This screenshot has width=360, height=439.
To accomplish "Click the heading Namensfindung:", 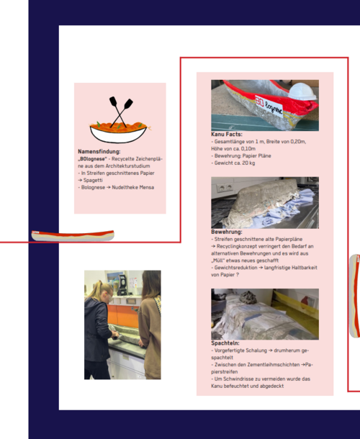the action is [99, 151].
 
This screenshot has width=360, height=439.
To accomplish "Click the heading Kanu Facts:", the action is [227, 135].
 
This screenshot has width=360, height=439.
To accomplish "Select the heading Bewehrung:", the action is [227, 232].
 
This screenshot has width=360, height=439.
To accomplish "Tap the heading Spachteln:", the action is [225, 343].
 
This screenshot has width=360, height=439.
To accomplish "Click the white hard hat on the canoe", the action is [302, 91].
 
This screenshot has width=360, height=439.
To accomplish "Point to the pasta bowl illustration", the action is [119, 132].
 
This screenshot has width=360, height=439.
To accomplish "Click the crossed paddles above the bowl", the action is [120, 112].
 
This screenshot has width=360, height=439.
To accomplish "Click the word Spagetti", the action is [93, 181].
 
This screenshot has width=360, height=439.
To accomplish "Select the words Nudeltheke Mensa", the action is [132, 187].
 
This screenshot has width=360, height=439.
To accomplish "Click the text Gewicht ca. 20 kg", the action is [235, 163].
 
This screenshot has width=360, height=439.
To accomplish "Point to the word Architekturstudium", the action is [127, 166].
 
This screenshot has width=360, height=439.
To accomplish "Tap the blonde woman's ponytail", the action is [92, 288].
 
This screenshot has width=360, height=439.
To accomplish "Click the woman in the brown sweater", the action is [150, 325].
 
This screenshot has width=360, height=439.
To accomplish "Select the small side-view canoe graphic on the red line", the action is [73, 236].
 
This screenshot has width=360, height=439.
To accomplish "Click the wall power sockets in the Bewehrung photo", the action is [225, 187].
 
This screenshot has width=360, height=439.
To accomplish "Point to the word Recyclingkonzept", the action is [237, 246].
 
